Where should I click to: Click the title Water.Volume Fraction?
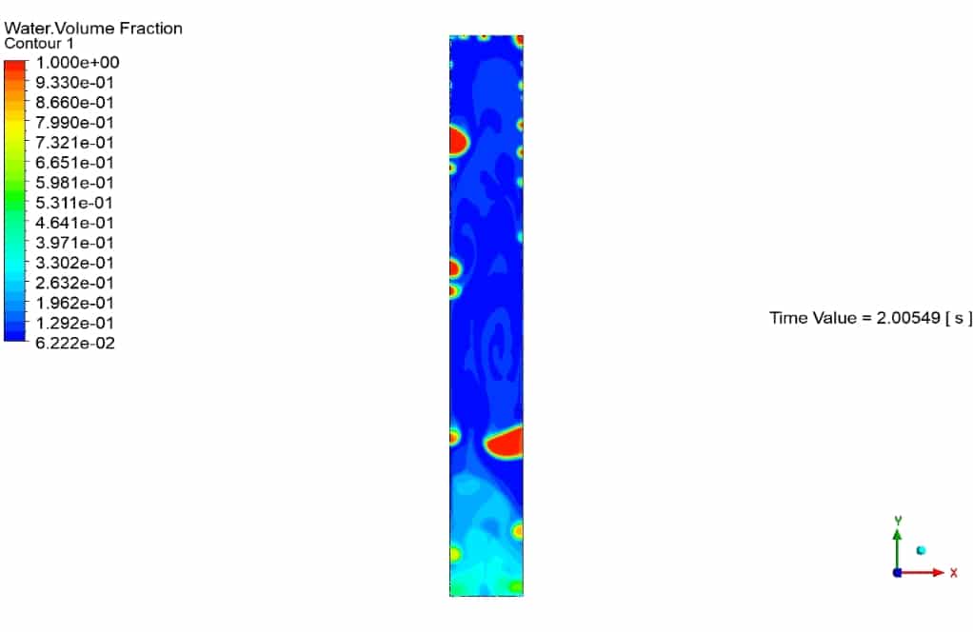click(93, 29)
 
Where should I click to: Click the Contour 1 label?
click(38, 44)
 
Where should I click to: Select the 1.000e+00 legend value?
click(77, 63)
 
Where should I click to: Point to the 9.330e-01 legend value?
click(74, 83)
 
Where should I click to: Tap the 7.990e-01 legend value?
click(74, 123)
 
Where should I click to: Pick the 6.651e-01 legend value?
click(74, 163)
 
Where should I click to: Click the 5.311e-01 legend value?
click(74, 203)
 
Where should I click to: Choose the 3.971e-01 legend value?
click(74, 243)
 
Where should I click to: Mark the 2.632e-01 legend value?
click(74, 283)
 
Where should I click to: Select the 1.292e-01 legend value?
click(74, 323)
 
